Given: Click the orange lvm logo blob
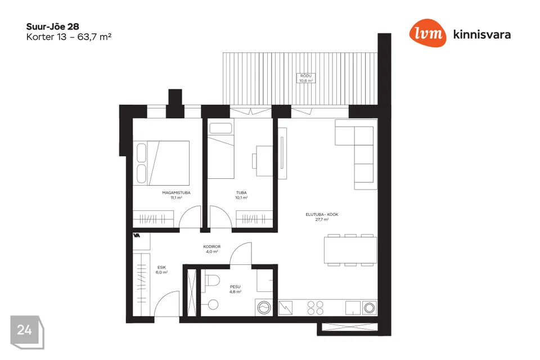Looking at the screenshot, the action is pos(427,33).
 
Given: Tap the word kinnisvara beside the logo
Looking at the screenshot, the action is pos(482,34).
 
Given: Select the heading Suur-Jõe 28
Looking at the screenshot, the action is pos(53,26).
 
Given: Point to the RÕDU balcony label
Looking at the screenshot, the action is pos(306,78).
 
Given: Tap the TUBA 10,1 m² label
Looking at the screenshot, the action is pos(241,195).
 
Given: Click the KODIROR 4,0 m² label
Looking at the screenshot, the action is pos(212,249).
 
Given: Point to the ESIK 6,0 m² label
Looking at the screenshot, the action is pos(161,270).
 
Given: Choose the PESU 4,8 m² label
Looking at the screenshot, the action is pos(235,289).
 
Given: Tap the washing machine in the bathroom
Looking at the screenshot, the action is pos(264,307).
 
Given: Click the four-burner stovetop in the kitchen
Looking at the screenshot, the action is pos(315,308).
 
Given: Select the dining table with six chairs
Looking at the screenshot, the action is pos(350,250).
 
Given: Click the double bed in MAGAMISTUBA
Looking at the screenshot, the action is pos(161,163).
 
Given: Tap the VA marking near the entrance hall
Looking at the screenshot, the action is pos(136,236).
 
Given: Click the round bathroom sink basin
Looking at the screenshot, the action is pos(213,304).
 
